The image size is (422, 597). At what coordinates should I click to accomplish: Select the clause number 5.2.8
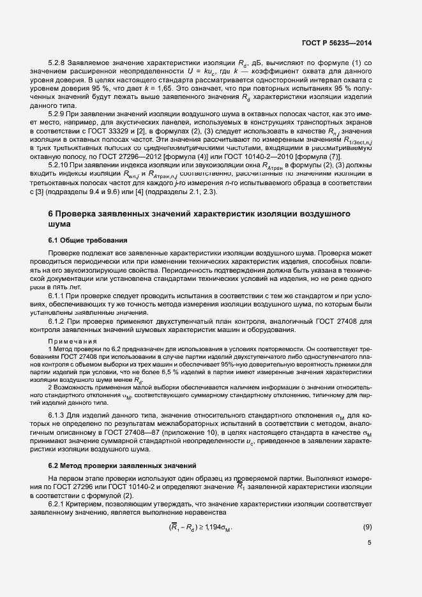coord(59,64)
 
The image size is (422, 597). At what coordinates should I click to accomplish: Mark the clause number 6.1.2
coord(59,322)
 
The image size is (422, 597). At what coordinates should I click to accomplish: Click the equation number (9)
coord(367,527)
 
